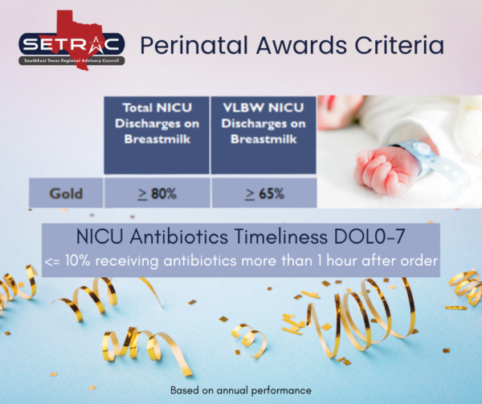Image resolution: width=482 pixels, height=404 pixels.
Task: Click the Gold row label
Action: [66, 194]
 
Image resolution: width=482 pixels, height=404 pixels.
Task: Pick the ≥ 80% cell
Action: [156, 194]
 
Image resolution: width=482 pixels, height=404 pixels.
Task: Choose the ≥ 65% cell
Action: [263, 194]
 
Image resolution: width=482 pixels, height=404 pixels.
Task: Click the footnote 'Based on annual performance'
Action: [240, 390]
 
